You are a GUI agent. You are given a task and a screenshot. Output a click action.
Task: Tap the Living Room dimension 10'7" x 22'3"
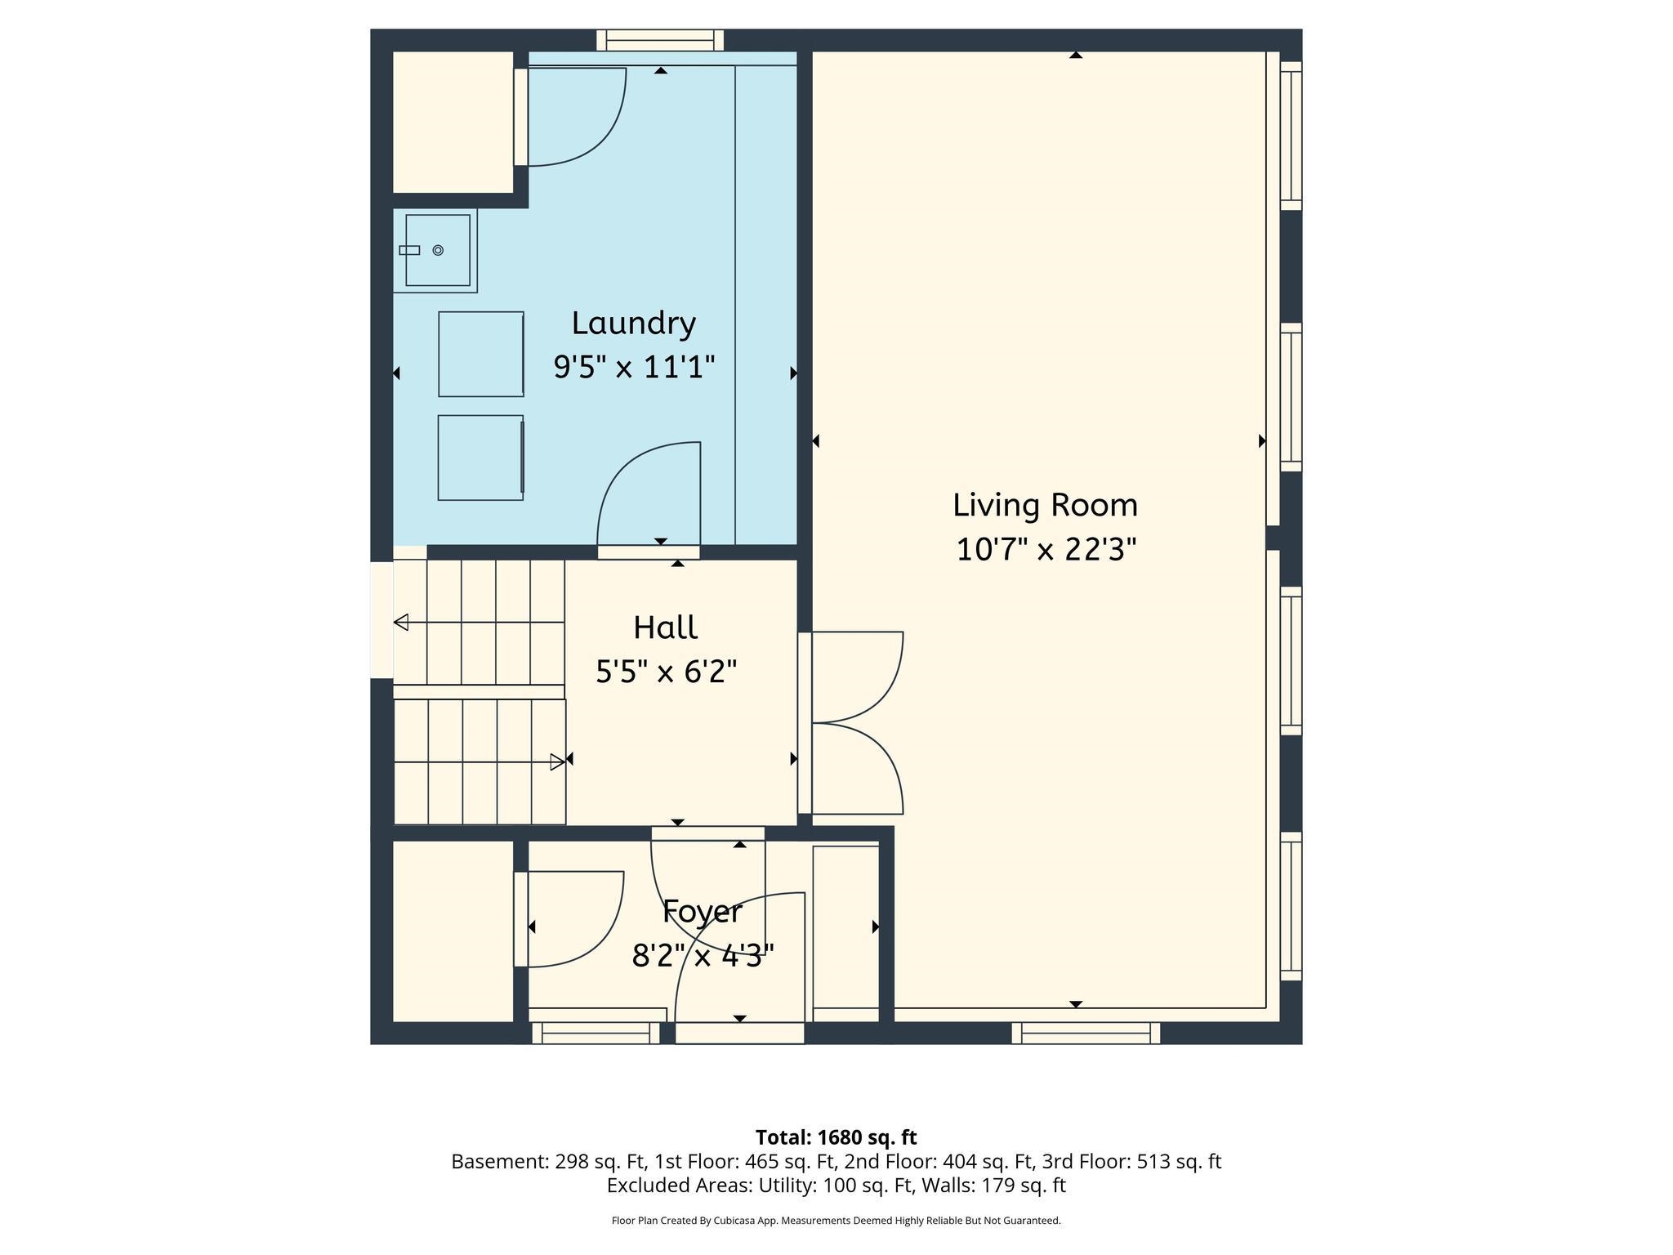(1046, 549)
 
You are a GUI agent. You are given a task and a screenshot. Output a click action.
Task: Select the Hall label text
(665, 627)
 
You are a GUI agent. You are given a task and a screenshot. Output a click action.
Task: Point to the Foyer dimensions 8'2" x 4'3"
(703, 955)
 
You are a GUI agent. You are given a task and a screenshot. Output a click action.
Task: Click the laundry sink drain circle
(438, 250)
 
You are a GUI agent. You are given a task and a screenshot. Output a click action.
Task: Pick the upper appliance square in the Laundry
(481, 354)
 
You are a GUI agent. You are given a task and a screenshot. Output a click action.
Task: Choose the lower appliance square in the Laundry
(480, 458)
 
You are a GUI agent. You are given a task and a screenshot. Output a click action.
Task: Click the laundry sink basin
(438, 250)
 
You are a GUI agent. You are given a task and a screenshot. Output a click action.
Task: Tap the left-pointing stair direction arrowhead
(401, 623)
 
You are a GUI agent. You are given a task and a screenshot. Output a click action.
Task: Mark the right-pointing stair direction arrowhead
(557, 762)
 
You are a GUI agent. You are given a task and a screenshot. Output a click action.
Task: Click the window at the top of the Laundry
(660, 40)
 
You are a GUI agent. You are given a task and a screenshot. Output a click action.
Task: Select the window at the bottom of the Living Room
(1086, 1033)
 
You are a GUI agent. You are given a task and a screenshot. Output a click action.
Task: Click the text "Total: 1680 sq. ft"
(836, 1137)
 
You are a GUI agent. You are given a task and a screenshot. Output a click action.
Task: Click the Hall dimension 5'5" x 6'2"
(667, 672)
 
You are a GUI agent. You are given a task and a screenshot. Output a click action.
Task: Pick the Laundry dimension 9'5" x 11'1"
(634, 367)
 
